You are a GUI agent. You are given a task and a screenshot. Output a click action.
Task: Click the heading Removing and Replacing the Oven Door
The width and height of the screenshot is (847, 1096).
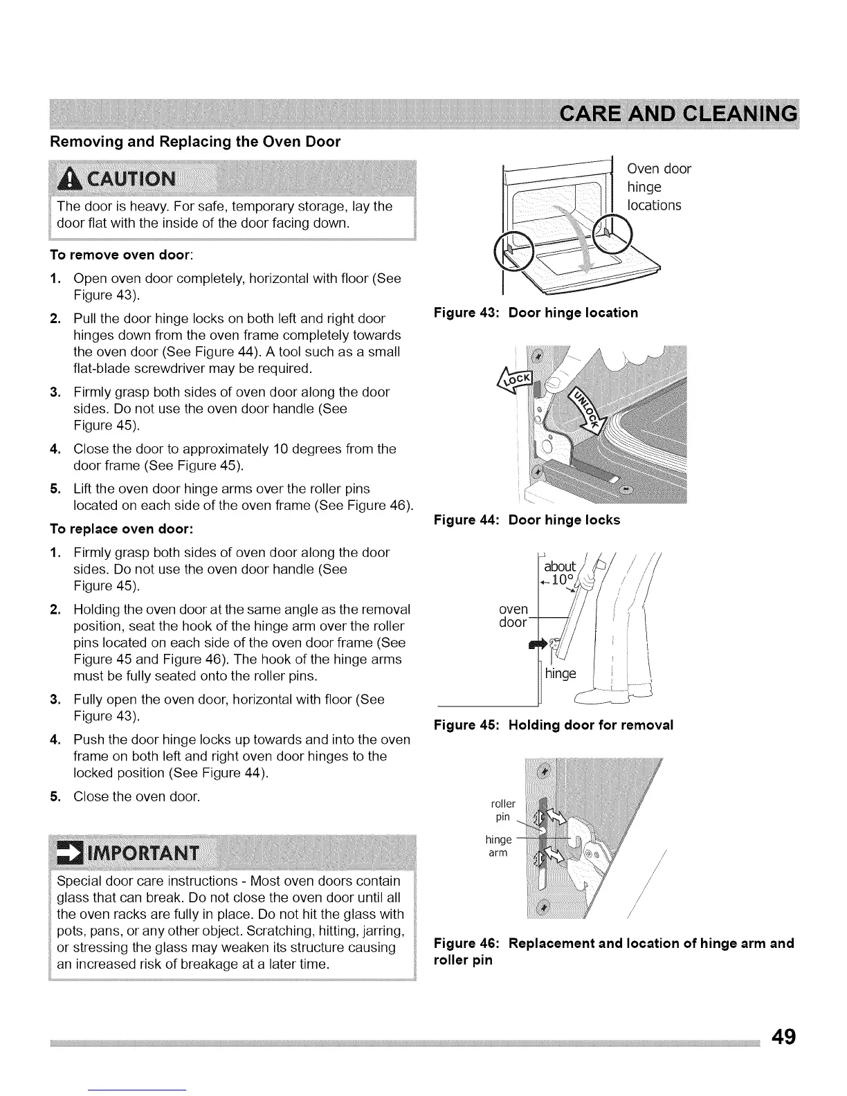(195, 142)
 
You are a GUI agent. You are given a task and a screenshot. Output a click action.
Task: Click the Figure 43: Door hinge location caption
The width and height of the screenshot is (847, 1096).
(536, 313)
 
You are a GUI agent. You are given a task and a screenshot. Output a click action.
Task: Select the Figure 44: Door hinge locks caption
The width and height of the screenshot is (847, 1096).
(527, 520)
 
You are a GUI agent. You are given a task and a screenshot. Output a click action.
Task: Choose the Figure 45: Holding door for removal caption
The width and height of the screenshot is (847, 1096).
(553, 725)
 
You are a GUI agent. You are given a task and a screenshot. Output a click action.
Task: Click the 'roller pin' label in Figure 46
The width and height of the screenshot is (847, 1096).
(502, 810)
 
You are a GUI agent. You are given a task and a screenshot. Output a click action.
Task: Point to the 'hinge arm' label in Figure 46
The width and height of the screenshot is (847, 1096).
(498, 846)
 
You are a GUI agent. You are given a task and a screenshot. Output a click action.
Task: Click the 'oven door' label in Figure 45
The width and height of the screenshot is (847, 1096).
(513, 615)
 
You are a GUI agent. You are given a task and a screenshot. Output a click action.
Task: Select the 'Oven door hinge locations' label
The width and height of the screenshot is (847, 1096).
(658, 187)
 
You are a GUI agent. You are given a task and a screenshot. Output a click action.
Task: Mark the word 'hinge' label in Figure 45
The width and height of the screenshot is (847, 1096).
(561, 673)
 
